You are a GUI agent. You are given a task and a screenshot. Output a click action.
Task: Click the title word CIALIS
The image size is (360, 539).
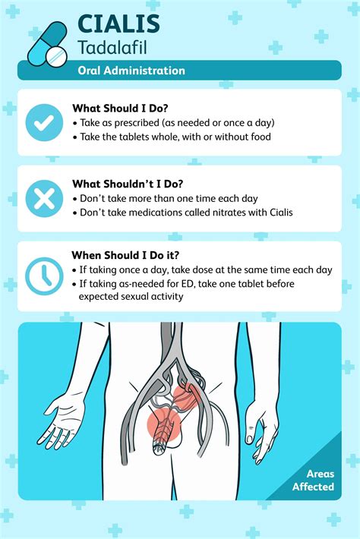tap(118, 24)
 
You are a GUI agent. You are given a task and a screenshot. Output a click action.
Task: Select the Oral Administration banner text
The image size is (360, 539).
tap(131, 71)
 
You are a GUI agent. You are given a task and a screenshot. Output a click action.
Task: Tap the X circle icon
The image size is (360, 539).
tap(44, 198)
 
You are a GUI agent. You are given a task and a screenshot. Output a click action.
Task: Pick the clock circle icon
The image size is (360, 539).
tap(44, 275)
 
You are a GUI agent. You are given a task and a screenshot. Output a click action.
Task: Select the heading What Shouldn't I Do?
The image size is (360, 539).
tap(128, 183)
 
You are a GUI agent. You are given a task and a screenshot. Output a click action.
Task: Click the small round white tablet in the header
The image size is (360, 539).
tap(55, 55)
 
